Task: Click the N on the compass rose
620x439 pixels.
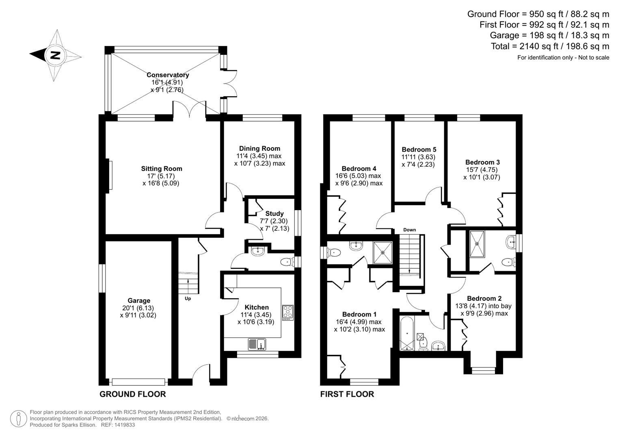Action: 55,55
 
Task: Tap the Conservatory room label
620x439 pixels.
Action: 168,75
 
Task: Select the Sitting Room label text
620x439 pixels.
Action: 162,169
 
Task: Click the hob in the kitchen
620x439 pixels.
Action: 288,312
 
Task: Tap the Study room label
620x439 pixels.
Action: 274,213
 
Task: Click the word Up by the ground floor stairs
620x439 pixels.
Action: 188,299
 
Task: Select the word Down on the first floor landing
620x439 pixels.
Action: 409,230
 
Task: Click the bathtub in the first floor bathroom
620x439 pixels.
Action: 407,333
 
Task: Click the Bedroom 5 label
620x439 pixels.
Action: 419,150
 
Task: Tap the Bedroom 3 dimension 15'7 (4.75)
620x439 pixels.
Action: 482,170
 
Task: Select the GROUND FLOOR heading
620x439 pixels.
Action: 132,394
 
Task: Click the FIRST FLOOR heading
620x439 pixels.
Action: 347,394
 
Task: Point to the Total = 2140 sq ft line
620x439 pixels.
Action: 550,46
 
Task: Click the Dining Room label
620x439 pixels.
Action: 259,148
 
